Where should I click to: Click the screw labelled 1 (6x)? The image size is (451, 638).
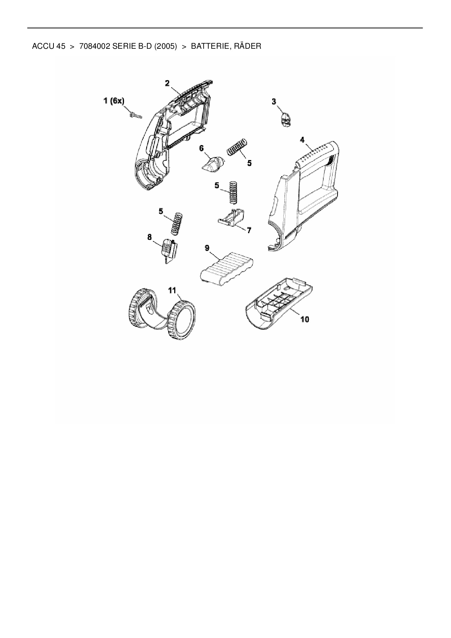tap(136, 116)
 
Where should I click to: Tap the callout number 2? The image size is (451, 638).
tap(167, 83)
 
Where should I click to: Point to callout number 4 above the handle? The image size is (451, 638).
tap(302, 139)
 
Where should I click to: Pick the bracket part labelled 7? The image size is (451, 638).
tap(231, 218)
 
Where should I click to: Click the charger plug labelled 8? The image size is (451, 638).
tap(168, 249)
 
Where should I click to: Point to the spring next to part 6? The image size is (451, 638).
tap(237, 147)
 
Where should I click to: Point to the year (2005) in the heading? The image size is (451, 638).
tap(166, 47)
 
